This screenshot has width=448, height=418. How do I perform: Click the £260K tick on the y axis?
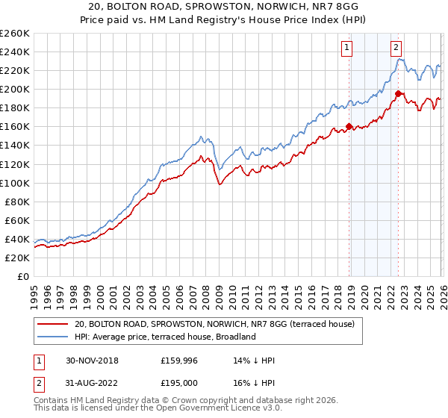(15, 34)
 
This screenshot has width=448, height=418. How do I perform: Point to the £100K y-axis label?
(15, 183)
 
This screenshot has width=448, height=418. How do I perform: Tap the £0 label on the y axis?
(22, 276)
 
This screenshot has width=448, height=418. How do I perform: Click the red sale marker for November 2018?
(349, 127)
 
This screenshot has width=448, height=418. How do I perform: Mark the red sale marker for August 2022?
(399, 93)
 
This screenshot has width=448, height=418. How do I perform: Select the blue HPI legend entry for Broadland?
(165, 337)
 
